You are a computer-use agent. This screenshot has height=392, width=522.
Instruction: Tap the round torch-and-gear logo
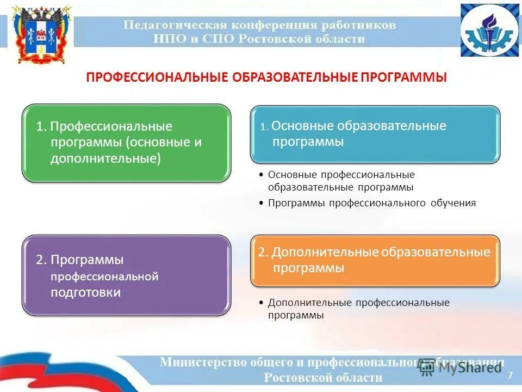pyautogui.click(x=490, y=30)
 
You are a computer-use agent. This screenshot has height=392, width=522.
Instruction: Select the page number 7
pyautogui.click(x=509, y=375)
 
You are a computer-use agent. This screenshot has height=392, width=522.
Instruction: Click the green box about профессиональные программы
pyautogui.click(x=126, y=143)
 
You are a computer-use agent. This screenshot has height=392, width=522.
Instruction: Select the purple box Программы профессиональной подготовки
pyautogui.click(x=126, y=275)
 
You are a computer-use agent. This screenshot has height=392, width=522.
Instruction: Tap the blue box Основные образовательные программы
pyautogui.click(x=375, y=134)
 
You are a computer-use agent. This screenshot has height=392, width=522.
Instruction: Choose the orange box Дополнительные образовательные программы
pyautogui.click(x=375, y=260)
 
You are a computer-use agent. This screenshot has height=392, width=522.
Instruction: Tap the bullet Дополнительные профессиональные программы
pyautogui.click(x=358, y=309)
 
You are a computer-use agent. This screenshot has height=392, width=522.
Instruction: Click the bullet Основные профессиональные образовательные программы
pyautogui.click(x=341, y=181)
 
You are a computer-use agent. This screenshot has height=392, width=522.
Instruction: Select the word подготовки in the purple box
pyautogui.click(x=85, y=292)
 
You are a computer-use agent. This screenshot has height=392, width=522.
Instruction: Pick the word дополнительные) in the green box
pyautogui.click(x=105, y=158)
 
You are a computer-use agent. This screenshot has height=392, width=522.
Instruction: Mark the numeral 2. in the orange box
pyautogui.click(x=264, y=253)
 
